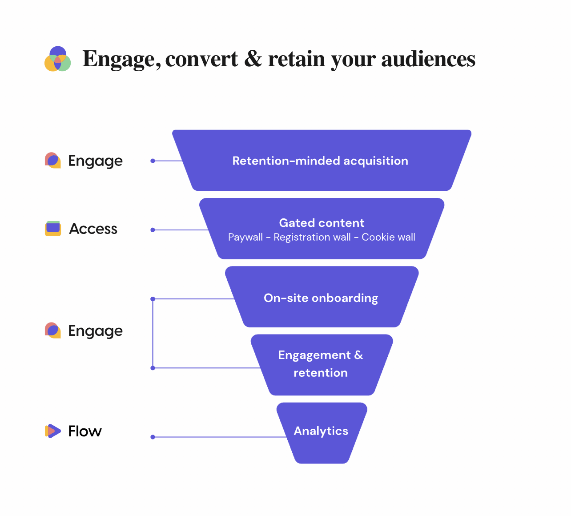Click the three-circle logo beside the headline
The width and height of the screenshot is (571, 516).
tap(57, 59)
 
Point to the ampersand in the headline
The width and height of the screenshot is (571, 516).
tap(253, 59)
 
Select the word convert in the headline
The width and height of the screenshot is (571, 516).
tap(201, 59)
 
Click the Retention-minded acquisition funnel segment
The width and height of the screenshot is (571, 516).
tap(320, 161)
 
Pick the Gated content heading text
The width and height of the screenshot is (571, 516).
tap(322, 223)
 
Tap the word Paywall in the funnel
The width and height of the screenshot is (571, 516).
tap(245, 238)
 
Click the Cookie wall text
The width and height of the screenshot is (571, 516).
tap(388, 238)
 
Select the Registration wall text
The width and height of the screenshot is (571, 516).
tap(312, 238)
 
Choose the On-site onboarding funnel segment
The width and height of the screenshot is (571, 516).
tap(321, 298)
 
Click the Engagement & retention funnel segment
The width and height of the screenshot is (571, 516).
tap(321, 364)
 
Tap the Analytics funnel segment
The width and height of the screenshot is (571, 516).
tap(321, 431)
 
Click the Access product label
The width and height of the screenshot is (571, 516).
tap(93, 229)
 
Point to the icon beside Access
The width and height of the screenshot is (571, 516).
tap(53, 228)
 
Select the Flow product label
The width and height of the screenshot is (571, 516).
tap(85, 431)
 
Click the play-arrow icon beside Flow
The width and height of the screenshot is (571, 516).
tap(53, 431)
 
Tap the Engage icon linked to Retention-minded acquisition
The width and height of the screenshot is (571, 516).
tap(53, 160)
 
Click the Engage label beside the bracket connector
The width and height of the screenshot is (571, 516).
tap(95, 331)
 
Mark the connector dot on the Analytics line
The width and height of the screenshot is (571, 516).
tap(153, 437)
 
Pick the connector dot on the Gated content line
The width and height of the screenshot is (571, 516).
tap(153, 230)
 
